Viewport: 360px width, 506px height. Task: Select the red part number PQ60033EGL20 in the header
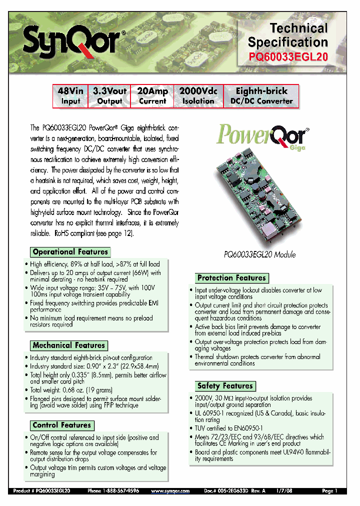click(x=288, y=56)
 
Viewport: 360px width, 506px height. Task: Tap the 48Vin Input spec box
click(x=70, y=95)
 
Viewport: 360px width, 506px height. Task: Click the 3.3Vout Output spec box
click(x=109, y=95)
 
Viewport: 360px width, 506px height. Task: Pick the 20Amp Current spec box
click(x=152, y=95)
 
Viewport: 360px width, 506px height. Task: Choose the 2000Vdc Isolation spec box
click(x=198, y=95)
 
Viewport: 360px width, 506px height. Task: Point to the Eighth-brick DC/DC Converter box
click(x=261, y=95)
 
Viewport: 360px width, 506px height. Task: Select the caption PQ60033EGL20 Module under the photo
click(x=259, y=254)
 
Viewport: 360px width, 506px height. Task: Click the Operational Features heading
click(x=70, y=252)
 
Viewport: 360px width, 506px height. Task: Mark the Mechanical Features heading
click(x=69, y=345)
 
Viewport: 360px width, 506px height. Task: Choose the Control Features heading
click(x=62, y=425)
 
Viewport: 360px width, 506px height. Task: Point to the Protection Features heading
click(x=231, y=278)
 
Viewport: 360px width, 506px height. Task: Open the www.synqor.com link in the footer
click(x=170, y=491)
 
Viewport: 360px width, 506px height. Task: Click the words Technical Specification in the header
click(x=288, y=35)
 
